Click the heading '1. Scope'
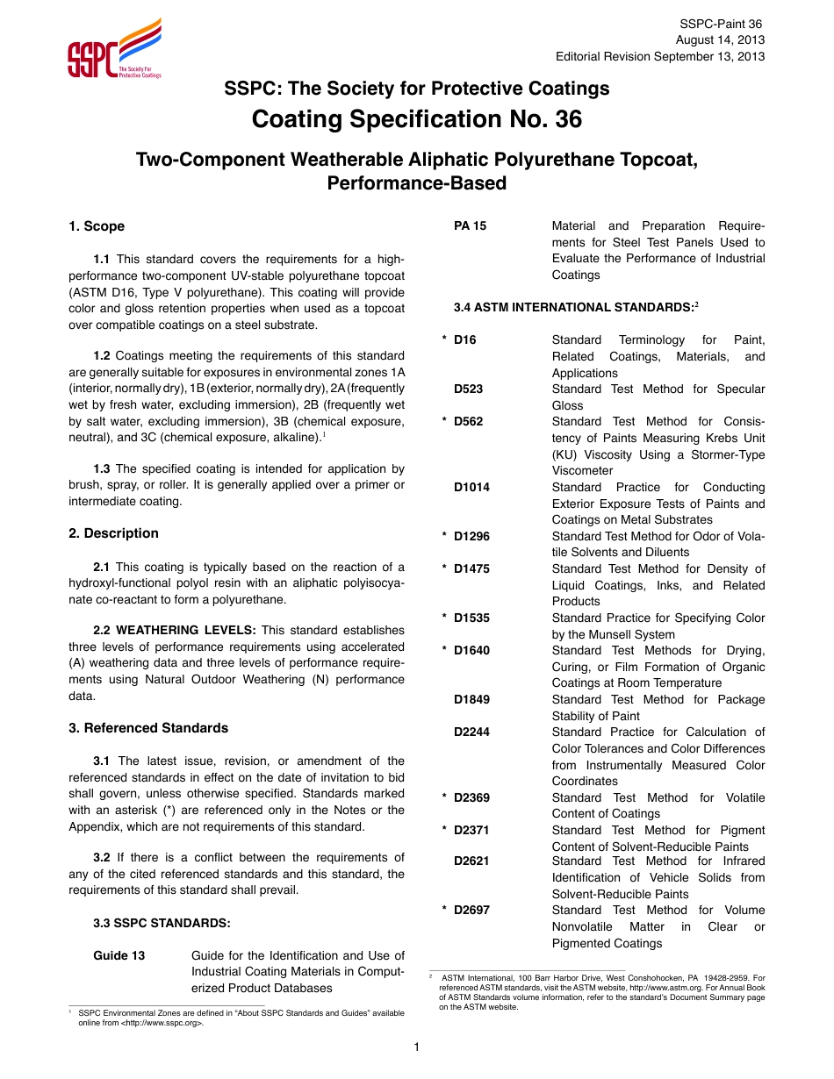tap(97, 226)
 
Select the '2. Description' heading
tap(113, 533)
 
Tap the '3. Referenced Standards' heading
tap(147, 728)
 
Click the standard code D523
tap(468, 389)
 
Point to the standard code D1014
tap(471, 487)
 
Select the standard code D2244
tap(471, 732)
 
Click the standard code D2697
tap(471, 910)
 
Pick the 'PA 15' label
tap(470, 225)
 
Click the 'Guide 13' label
tap(119, 955)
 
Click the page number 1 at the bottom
tap(417, 1047)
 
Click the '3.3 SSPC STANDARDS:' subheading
tap(162, 923)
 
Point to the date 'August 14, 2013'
tap(719, 40)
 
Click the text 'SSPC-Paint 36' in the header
tap(723, 24)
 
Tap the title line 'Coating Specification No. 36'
tap(416, 118)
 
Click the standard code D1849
tap(471, 699)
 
